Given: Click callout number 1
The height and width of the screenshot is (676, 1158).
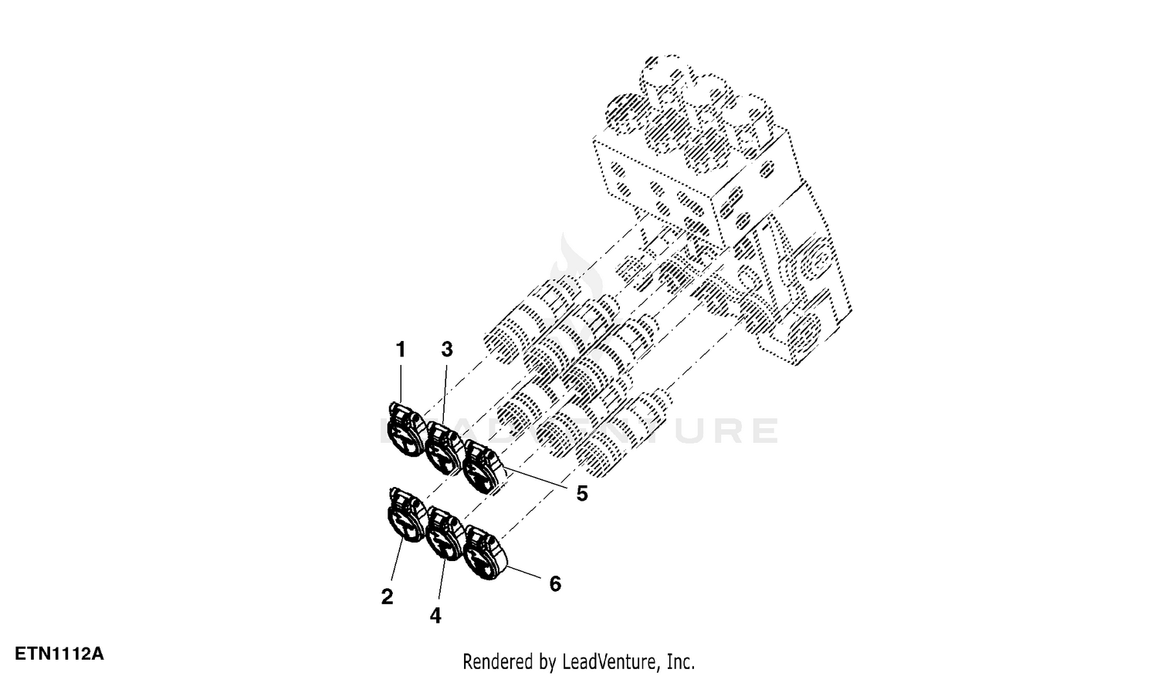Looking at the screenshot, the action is pos(401,350).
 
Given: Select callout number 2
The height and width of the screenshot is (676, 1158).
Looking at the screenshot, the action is pos(388,597).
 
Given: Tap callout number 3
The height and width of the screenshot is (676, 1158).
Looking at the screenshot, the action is pos(447,350).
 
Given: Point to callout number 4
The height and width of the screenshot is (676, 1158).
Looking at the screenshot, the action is pos(435,616).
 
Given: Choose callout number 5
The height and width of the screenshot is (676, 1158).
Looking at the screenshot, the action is pos(582,494).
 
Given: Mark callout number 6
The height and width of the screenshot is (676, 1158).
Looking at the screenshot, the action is pos(555,584).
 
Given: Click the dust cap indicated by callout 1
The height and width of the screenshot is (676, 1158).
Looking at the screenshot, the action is pos(407,430).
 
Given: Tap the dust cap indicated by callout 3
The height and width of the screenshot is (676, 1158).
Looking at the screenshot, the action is pos(445,448).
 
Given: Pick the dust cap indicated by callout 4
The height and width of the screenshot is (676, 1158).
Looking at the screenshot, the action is pos(445,533).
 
